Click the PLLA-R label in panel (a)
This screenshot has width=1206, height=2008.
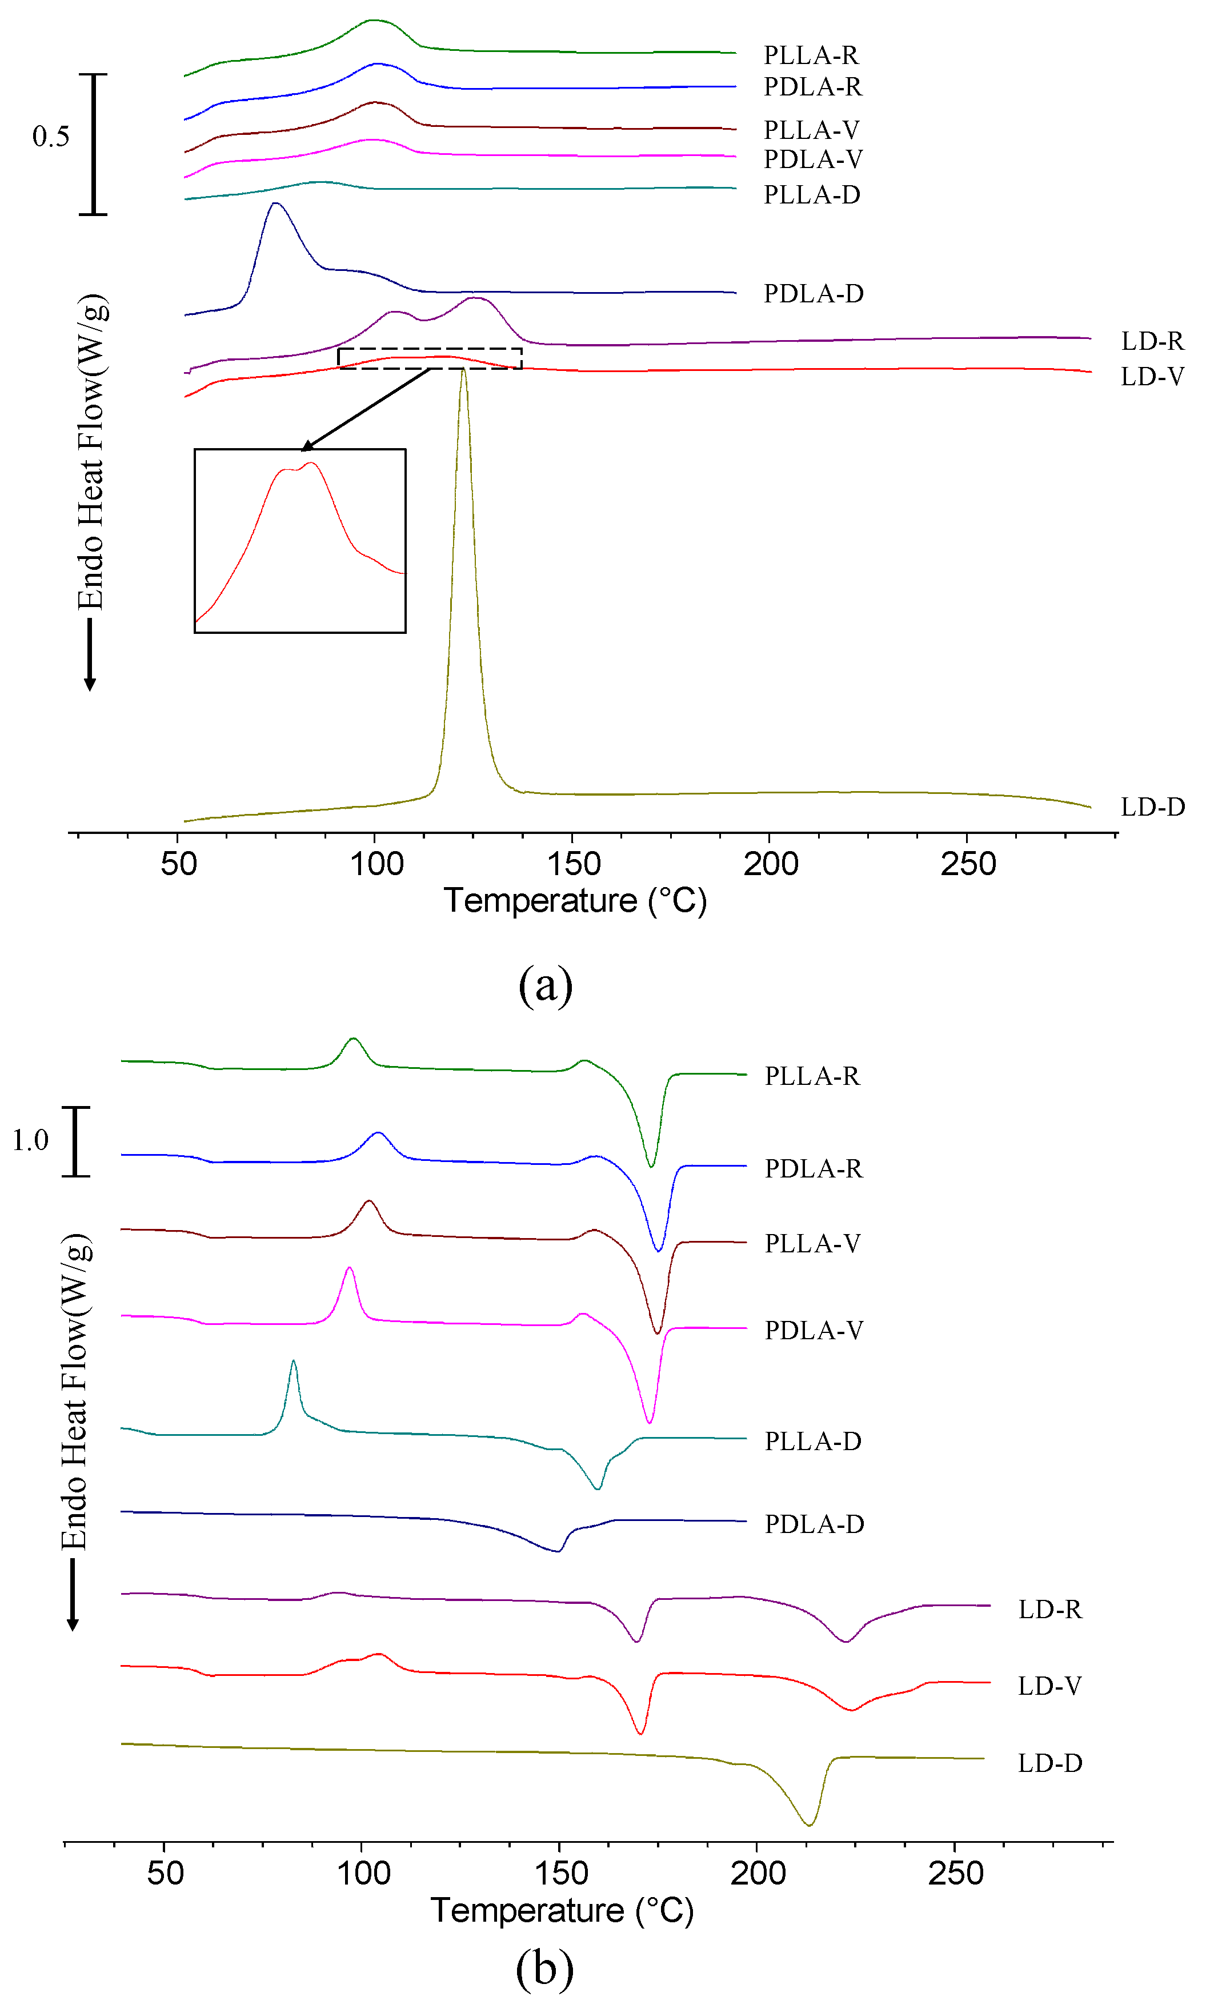point(810,55)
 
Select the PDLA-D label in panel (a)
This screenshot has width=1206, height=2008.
point(813,293)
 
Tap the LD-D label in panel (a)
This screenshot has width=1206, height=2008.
point(1152,807)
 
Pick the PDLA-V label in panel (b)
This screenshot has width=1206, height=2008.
point(813,1330)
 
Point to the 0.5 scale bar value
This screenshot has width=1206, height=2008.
point(50,137)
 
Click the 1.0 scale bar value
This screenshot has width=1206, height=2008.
point(30,1140)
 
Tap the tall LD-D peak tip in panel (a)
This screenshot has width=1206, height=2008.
point(463,371)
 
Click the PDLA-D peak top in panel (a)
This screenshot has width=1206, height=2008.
point(275,204)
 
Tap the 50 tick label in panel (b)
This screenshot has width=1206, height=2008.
point(165,1874)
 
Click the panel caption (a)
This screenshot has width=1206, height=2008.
point(546,985)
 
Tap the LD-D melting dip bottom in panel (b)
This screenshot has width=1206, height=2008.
point(808,1825)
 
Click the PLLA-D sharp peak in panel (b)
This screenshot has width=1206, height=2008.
point(294,1361)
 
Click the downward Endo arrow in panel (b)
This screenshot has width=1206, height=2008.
point(73,1594)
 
